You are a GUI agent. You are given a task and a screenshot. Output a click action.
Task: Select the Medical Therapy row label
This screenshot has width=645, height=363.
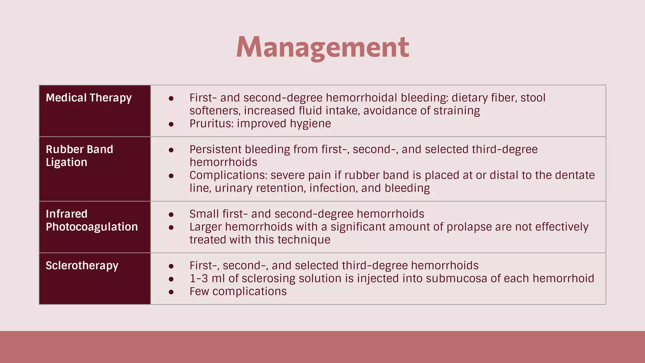(x=88, y=98)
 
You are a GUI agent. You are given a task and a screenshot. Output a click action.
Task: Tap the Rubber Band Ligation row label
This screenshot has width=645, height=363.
(x=79, y=156)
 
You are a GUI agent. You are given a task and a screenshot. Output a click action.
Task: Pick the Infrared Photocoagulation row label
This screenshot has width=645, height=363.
(x=92, y=220)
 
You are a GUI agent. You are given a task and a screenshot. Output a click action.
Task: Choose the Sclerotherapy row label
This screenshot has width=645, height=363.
(x=82, y=266)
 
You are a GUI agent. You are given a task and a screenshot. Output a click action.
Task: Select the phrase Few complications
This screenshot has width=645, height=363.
(x=238, y=291)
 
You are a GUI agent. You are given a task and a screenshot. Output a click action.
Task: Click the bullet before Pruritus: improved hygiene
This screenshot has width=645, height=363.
(x=171, y=124)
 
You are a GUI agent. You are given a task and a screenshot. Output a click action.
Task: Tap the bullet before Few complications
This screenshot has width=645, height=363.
(x=171, y=292)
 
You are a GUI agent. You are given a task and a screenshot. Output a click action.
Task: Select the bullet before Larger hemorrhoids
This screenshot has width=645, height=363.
(x=171, y=228)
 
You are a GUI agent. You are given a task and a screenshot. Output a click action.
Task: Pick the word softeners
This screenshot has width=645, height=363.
(x=215, y=111)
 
